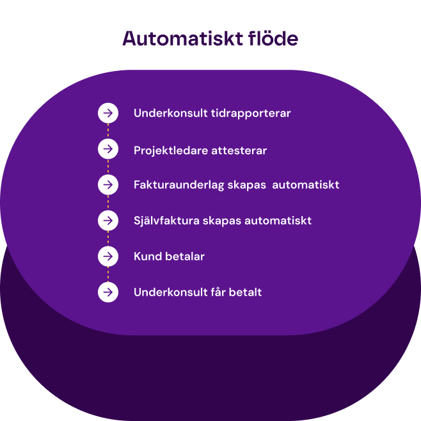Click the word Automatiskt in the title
[182, 38]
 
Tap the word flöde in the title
[273, 38]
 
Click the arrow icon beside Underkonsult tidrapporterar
[108, 113]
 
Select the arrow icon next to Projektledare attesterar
[108, 148]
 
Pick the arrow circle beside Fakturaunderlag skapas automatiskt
[108, 185]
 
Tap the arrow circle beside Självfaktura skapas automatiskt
[108, 221]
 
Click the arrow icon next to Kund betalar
[108, 257]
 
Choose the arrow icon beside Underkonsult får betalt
[108, 292]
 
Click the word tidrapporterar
[251, 114]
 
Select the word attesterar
[239, 151]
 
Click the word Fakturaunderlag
[179, 185]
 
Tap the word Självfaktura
[166, 221]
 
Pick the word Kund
[147, 257]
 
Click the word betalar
[185, 257]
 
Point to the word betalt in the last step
[245, 292]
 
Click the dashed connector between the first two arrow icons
[108, 131]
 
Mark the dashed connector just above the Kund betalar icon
[108, 239]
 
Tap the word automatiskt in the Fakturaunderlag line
[306, 185]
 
